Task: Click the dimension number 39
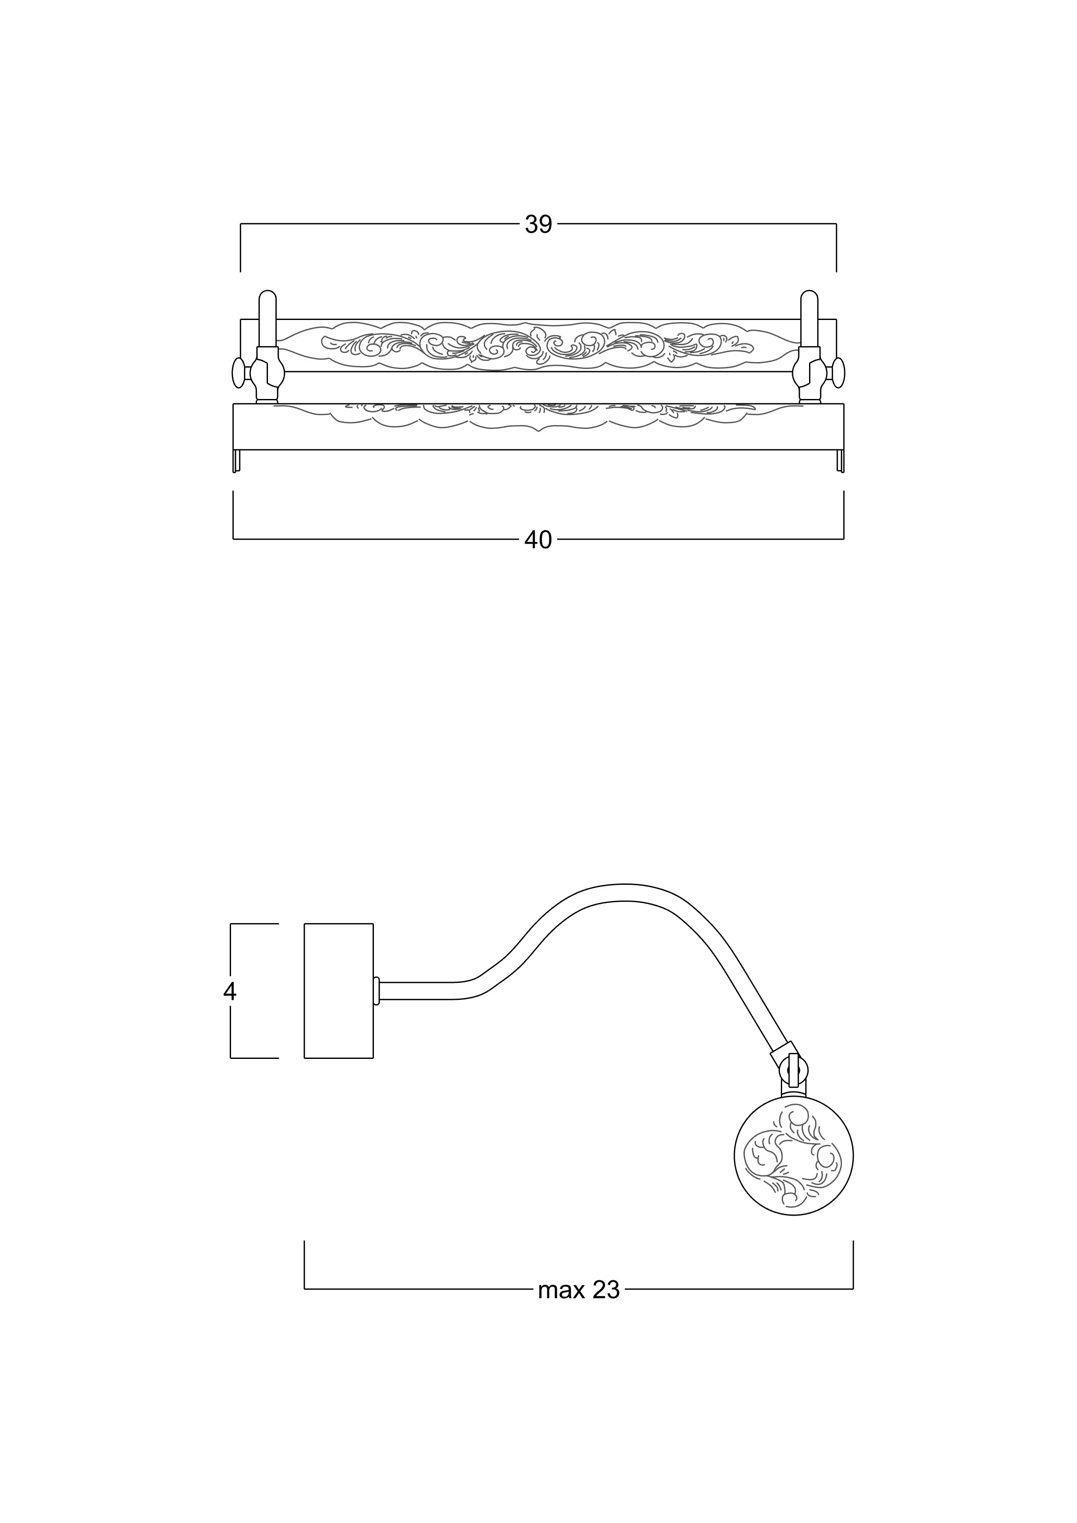[x=538, y=225]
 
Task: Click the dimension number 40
[x=538, y=540]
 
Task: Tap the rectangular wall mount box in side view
[x=338, y=991]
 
